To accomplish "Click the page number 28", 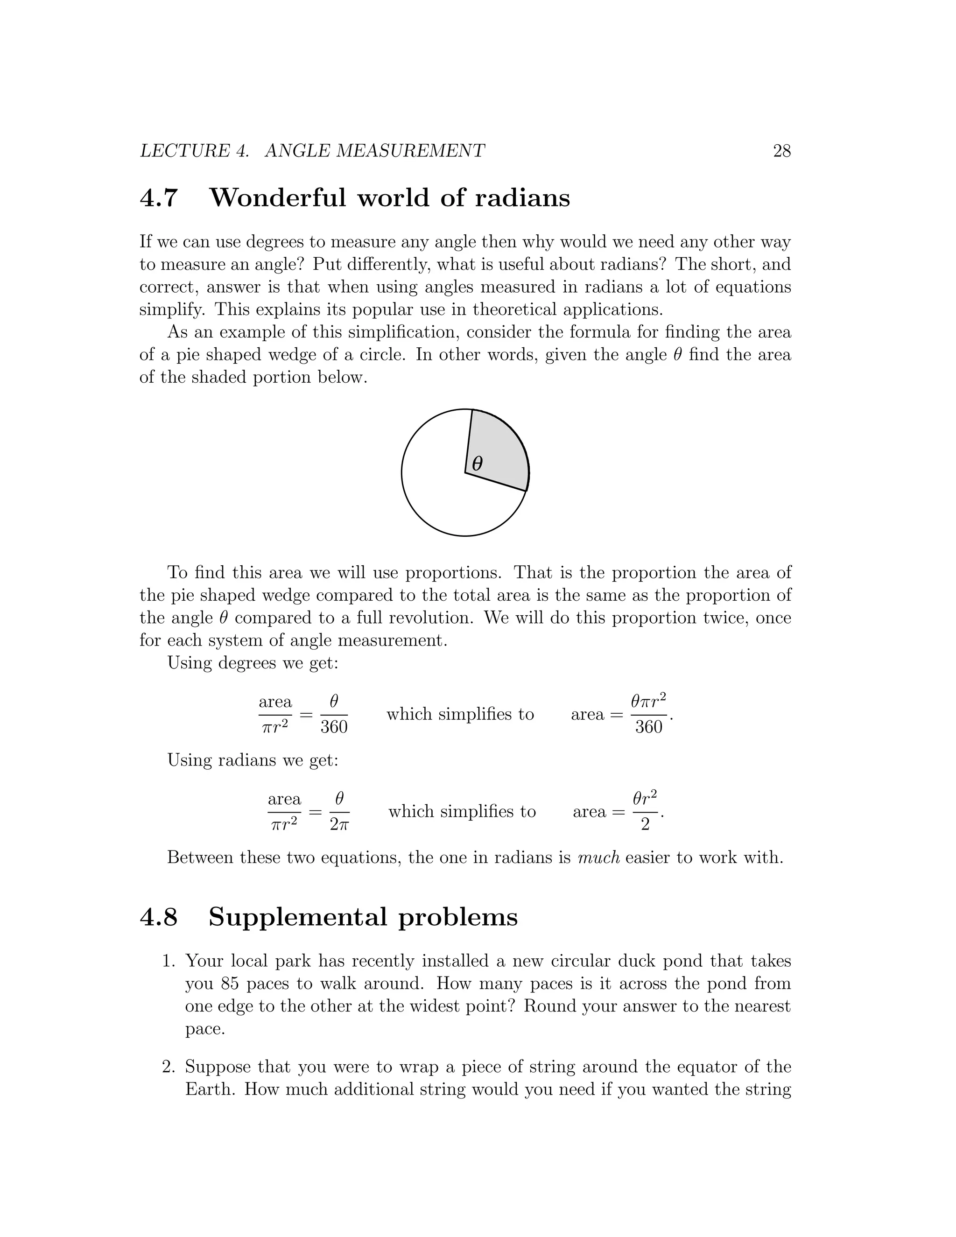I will pos(781,151).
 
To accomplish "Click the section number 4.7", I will pos(159,197).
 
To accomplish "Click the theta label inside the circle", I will pos(478,464).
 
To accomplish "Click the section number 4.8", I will pos(159,917).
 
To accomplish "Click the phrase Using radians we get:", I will pos(253,760).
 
